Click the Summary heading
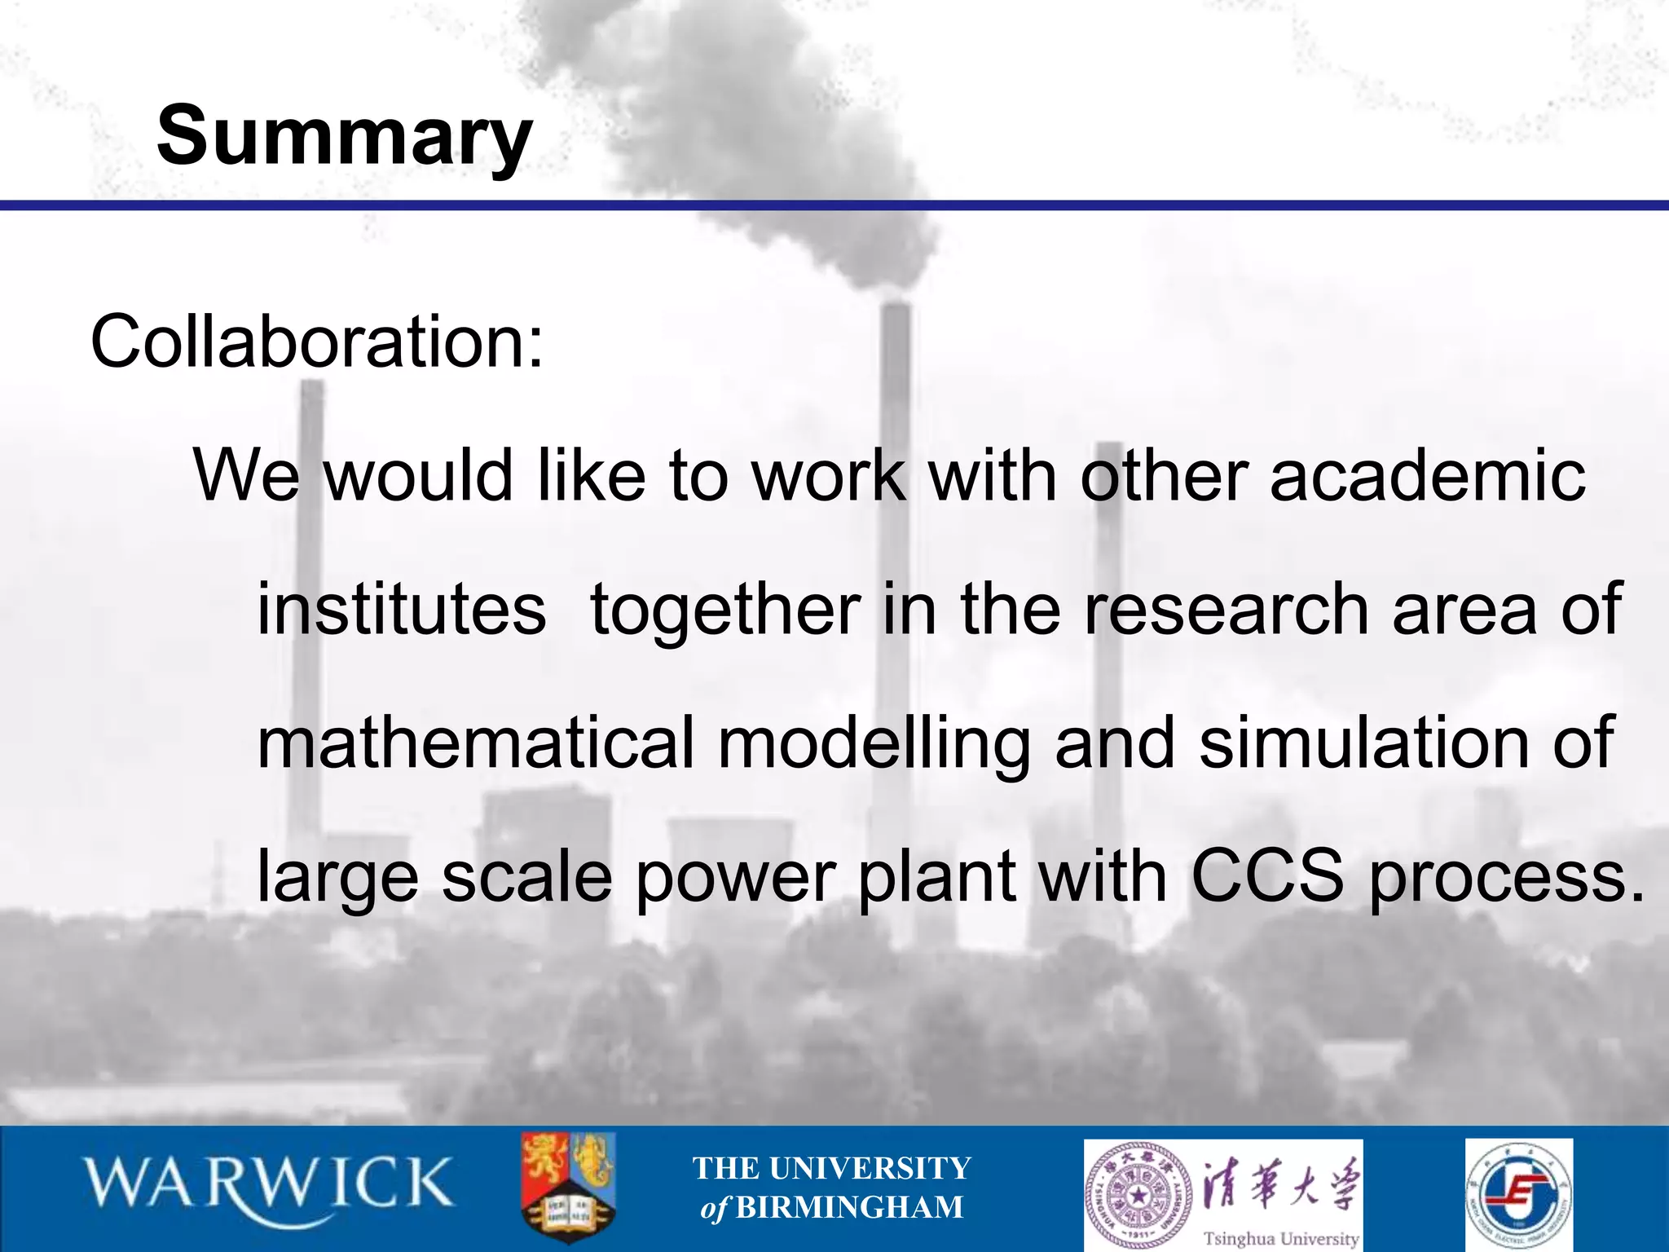point(344,136)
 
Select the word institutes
point(401,610)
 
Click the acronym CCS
point(1266,877)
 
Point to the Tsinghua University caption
point(1281,1237)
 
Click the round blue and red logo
point(1518,1195)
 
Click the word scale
point(526,877)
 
